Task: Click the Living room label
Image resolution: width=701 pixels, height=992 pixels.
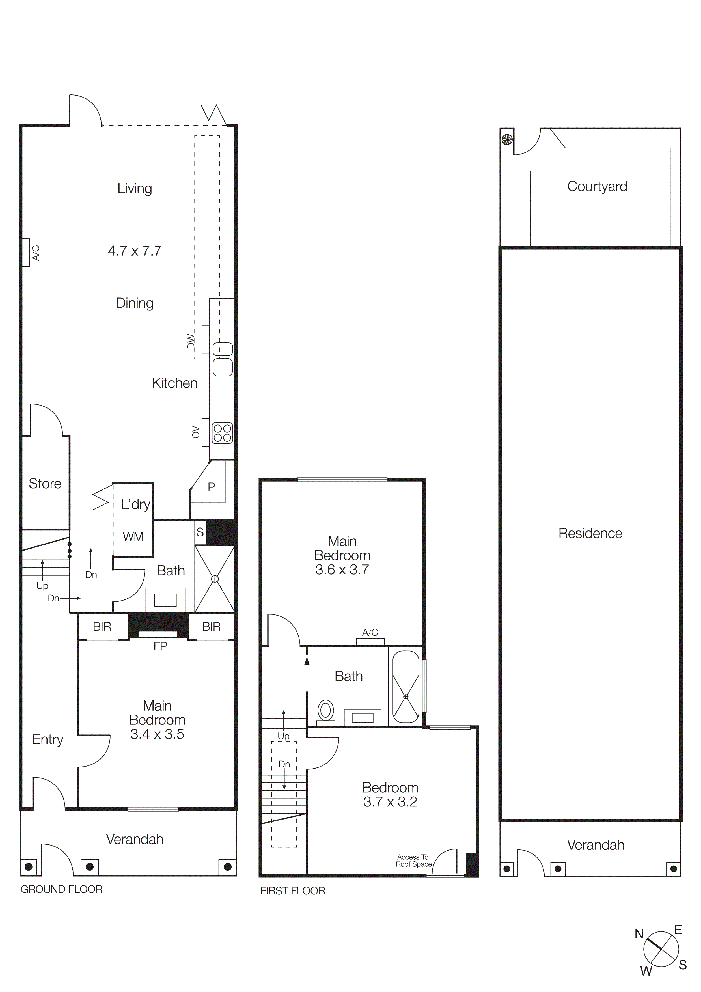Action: point(135,189)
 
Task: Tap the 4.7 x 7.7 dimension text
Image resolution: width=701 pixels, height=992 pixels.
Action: point(135,251)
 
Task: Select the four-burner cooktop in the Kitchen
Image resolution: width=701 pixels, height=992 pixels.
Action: point(223,433)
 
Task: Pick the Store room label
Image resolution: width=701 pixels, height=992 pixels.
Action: point(45,484)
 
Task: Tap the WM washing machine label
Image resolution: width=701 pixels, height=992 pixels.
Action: point(133,537)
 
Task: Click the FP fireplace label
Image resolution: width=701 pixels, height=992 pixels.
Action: point(160,646)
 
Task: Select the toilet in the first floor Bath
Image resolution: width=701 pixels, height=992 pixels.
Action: point(326,711)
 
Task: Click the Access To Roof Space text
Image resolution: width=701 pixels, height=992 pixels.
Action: point(413,861)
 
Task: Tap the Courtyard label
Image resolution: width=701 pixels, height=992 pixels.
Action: point(597,187)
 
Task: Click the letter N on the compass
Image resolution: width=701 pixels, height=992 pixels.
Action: point(639,934)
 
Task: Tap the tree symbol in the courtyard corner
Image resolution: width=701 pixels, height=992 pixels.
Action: point(507,140)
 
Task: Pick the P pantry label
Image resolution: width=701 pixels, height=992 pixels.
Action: point(211,487)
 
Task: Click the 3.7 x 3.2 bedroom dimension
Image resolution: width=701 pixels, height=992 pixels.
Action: point(390,802)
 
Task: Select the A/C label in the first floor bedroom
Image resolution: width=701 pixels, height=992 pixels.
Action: point(370,633)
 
